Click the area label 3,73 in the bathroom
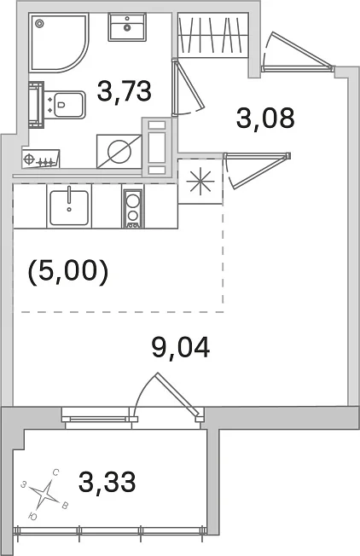pyautogui.click(x=125, y=90)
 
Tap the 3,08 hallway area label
pyautogui.click(x=265, y=119)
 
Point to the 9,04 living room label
pyautogui.click(x=181, y=348)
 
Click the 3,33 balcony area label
pyautogui.click(x=107, y=483)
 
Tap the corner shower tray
pyautogui.click(x=58, y=43)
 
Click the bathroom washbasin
pyautogui.click(x=127, y=27)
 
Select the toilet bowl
pyautogui.click(x=65, y=104)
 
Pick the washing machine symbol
pyautogui.click(x=119, y=151)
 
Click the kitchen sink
pyautogui.click(x=69, y=207)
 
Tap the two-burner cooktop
pyautogui.click(x=132, y=208)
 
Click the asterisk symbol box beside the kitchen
pyautogui.click(x=200, y=181)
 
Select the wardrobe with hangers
pyautogui.click(x=212, y=34)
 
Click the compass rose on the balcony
pyautogui.click(x=44, y=493)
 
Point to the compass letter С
pyautogui.click(x=55, y=472)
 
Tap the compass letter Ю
pyautogui.click(x=32, y=517)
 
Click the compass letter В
pyautogui.click(x=65, y=506)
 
